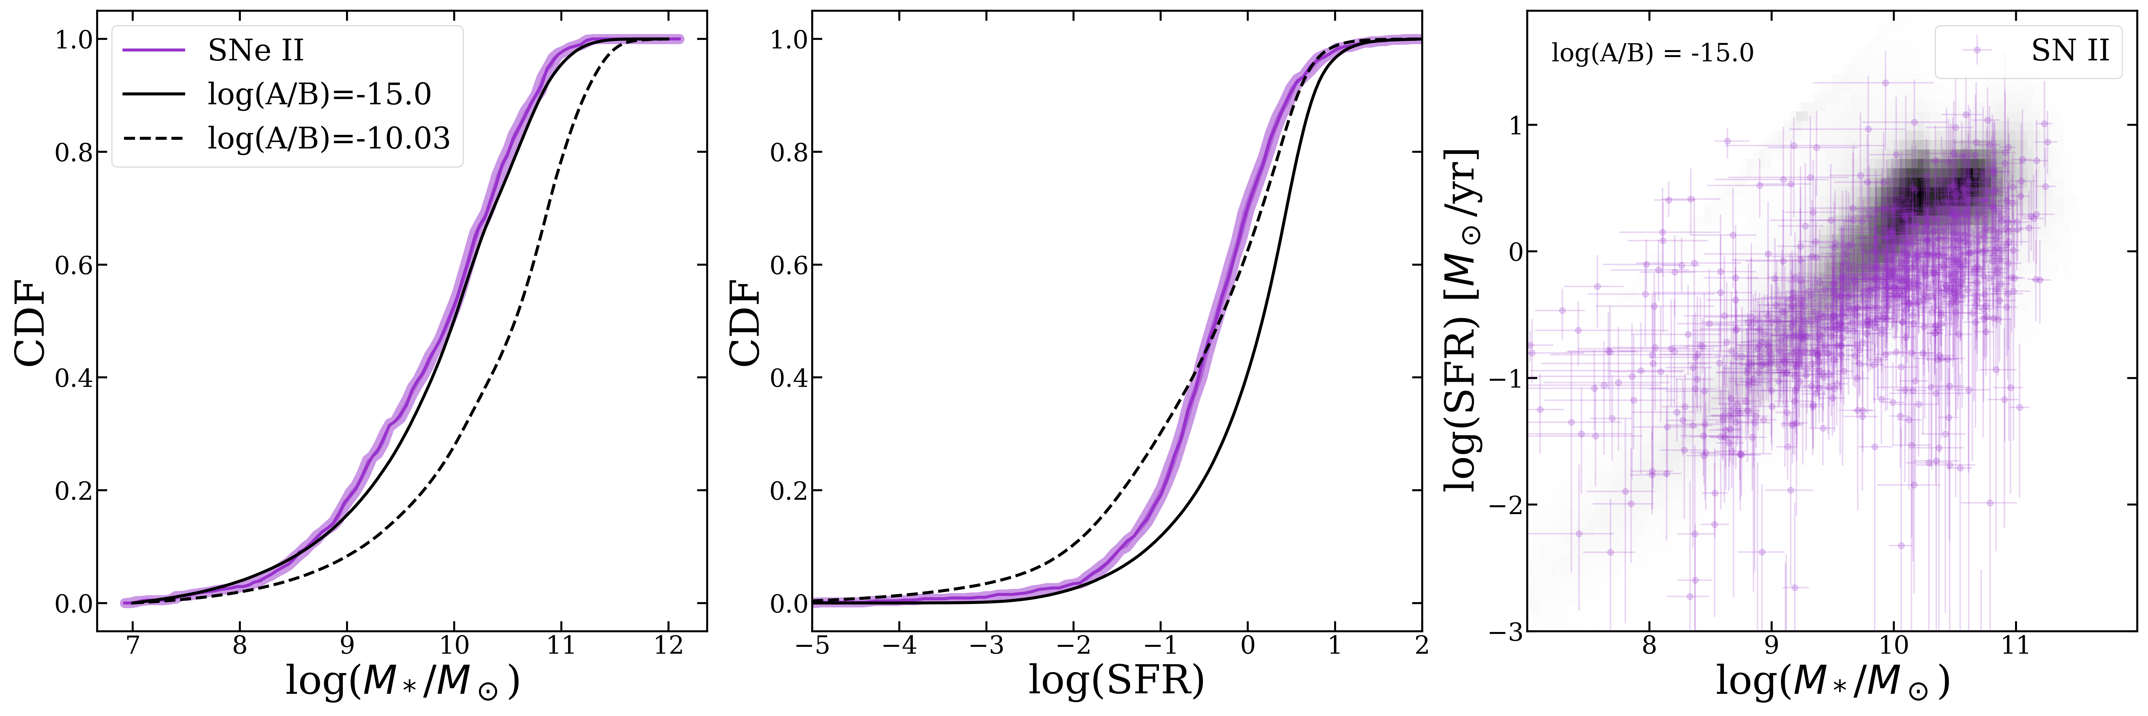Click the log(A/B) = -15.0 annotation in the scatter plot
(x=1652, y=53)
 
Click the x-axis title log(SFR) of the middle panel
(x=1116, y=680)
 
